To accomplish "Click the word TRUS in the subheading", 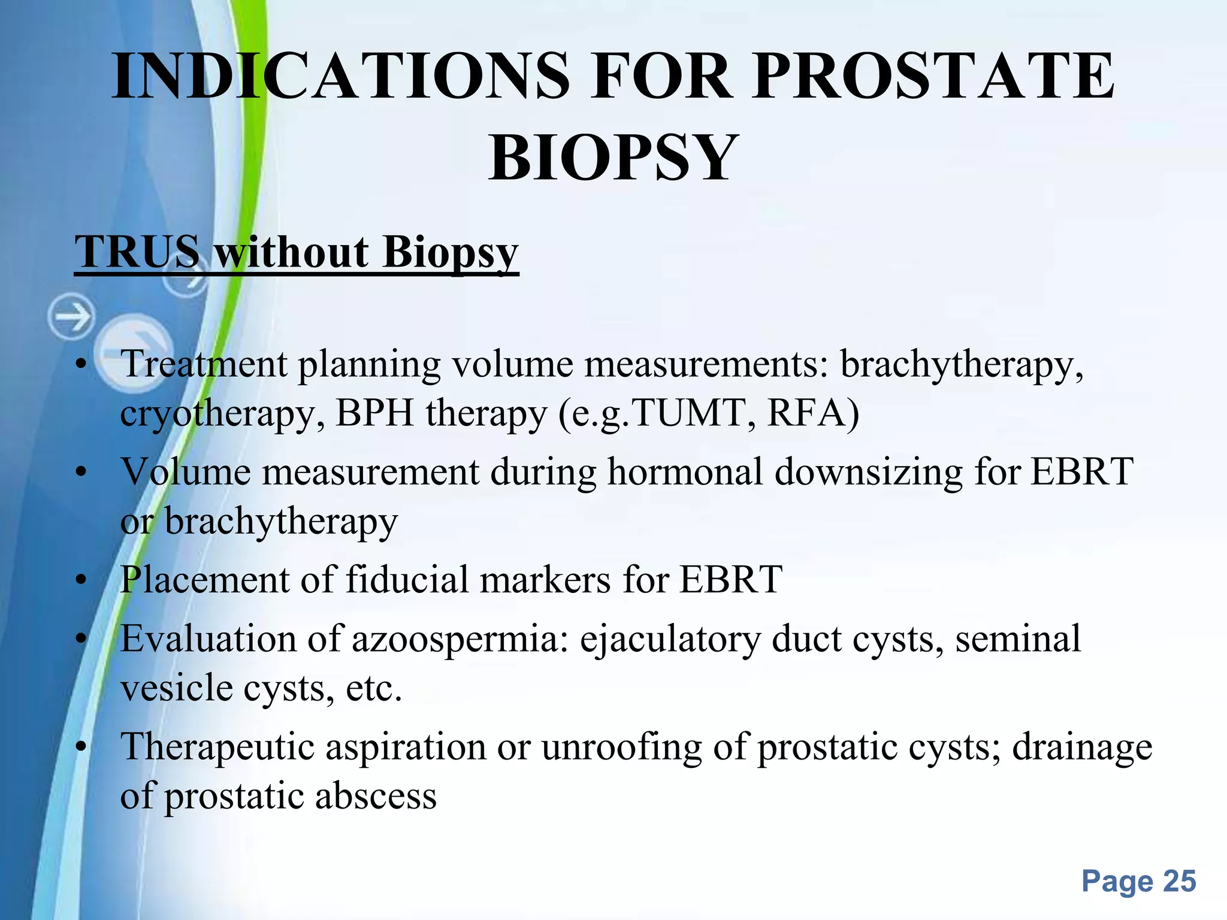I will [137, 252].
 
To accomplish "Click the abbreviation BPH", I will [375, 413].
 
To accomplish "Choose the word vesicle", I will [176, 688].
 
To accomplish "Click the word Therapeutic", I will [217, 748].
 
